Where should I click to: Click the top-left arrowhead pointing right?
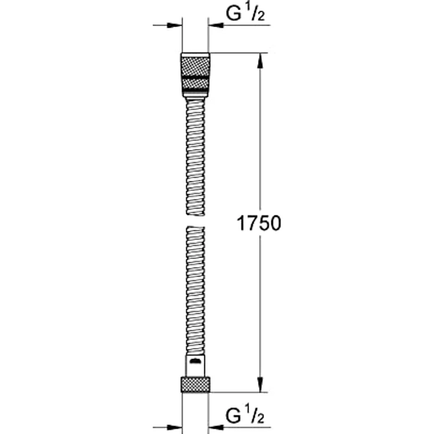(x=174, y=26)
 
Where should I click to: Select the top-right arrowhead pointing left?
(x=215, y=26)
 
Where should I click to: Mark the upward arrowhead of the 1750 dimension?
(x=259, y=60)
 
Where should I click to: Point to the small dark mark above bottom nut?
(x=196, y=357)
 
